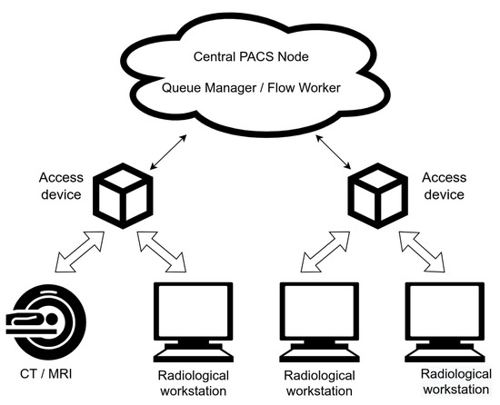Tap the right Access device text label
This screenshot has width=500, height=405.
point(444,186)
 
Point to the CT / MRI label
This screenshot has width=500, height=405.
point(48,372)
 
